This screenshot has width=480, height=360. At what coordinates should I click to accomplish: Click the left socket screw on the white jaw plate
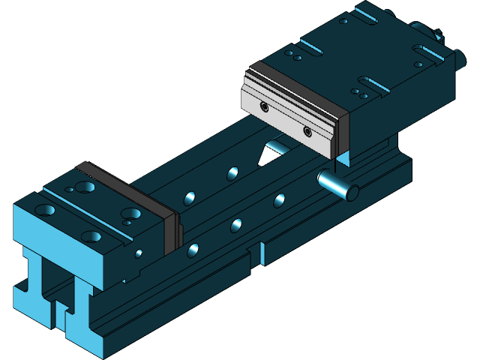(x=264, y=106)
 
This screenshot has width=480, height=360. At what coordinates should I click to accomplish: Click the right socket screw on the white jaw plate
(x=307, y=131)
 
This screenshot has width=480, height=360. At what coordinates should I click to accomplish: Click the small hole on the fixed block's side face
(x=139, y=253)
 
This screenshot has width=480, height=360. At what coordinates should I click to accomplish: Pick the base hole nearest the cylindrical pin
(x=280, y=199)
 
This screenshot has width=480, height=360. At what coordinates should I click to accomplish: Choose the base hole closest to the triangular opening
(x=232, y=173)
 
